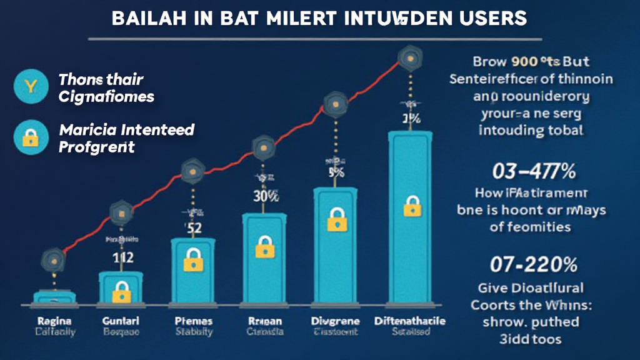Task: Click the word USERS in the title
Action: coord(494,18)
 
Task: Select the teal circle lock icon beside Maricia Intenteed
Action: coord(29,138)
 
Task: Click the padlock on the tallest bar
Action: coord(412,206)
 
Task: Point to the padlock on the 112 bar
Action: coord(121,289)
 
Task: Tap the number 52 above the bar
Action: coord(193,228)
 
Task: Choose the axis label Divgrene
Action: coord(335,321)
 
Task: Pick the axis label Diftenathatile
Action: coord(411,321)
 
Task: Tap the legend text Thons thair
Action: coord(101,80)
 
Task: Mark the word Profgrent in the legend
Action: coord(96,147)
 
